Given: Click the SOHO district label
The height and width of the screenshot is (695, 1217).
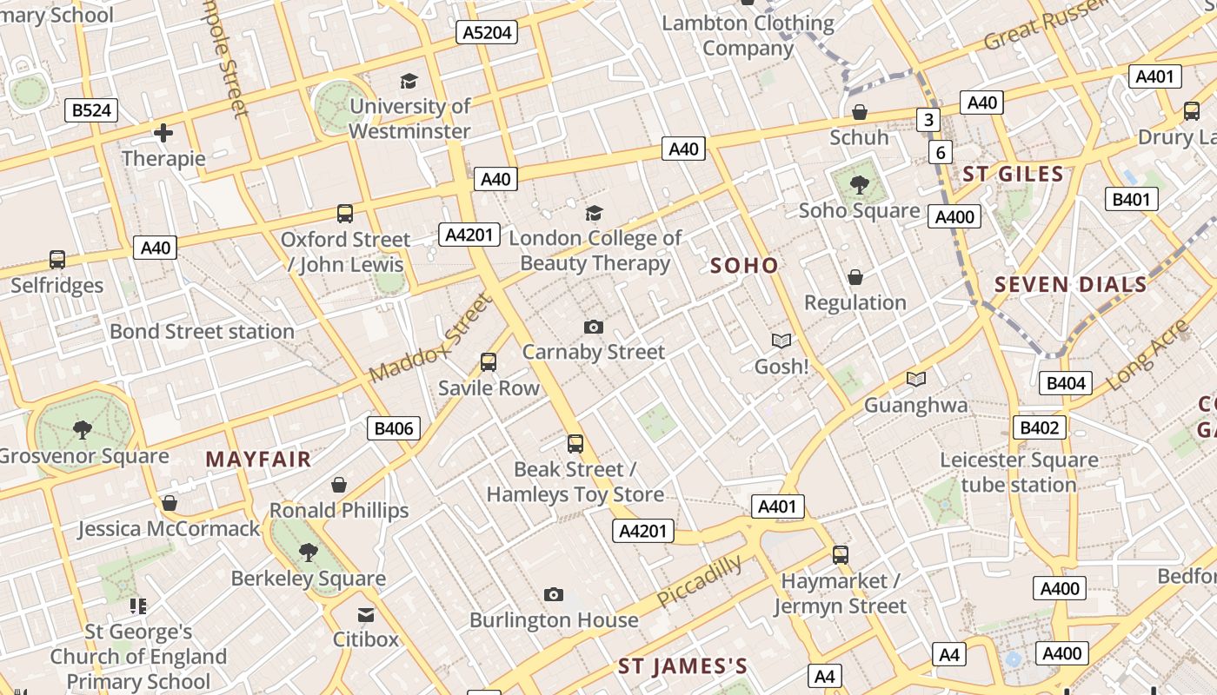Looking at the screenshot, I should [744, 266].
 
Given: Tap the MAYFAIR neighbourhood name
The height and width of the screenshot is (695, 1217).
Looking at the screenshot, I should [258, 460].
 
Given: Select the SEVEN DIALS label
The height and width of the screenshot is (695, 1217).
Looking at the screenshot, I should [1071, 285].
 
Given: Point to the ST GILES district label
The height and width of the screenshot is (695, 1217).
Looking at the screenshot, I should [1013, 175].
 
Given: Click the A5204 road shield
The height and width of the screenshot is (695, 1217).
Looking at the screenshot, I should [487, 33].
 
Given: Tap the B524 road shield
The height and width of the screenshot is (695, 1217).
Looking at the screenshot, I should [91, 110].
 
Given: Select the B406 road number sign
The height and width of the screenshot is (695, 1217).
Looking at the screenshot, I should [394, 427].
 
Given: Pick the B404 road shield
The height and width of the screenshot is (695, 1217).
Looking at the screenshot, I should [1066, 383].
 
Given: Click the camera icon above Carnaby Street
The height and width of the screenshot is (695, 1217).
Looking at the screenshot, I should [594, 327].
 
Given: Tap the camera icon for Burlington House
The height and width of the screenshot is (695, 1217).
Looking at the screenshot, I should [554, 595].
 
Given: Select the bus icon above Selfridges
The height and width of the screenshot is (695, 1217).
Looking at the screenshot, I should [57, 259].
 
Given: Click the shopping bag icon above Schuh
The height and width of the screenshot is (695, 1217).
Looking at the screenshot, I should [859, 112].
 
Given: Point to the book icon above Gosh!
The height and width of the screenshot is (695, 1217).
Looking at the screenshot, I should [781, 341].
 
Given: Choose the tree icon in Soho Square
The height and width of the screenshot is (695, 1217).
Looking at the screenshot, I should [859, 184].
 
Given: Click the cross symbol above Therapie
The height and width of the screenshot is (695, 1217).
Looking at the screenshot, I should [163, 133].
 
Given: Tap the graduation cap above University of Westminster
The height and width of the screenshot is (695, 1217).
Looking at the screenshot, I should [409, 81].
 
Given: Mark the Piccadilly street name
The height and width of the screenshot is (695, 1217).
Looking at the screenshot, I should [700, 581].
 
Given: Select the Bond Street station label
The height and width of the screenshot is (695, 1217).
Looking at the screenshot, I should [202, 332].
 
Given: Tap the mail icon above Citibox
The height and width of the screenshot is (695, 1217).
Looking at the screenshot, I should [366, 614].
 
